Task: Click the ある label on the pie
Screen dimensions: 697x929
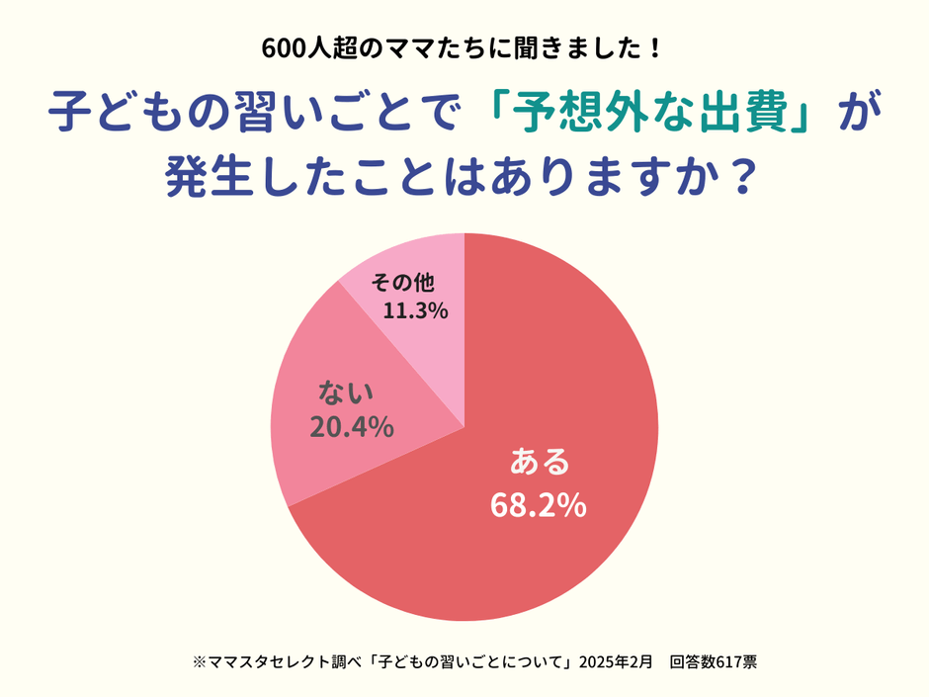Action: [x=539, y=462]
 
